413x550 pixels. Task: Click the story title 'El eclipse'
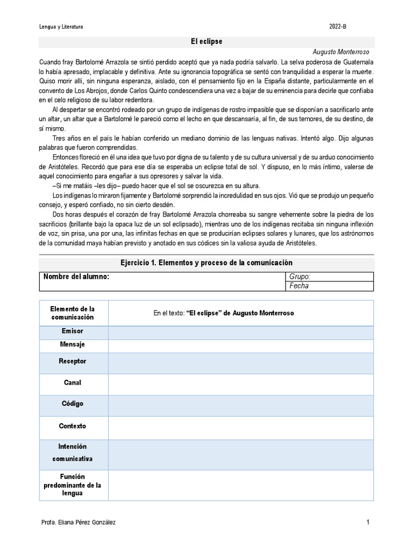coord(206,41)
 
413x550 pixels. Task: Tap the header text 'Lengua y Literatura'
coord(61,27)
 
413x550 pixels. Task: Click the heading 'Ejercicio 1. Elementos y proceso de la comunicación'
coord(206,263)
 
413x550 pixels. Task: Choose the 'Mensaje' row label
coord(73,344)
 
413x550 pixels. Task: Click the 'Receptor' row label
coord(73,361)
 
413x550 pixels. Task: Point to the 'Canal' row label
coord(73,382)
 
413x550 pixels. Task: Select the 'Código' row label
coord(73,403)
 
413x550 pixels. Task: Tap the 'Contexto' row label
coord(73,426)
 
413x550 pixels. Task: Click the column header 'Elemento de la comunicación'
coord(73,313)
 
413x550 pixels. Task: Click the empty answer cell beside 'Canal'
coord(240,383)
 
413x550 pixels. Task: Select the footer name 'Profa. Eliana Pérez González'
coord(78,522)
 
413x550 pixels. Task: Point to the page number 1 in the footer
coord(368,522)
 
